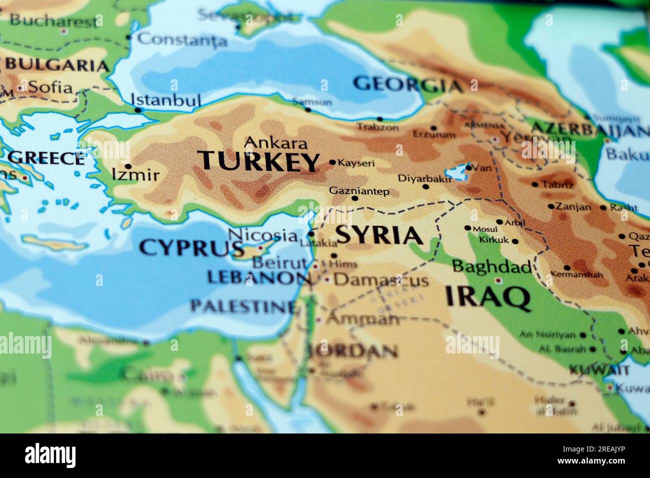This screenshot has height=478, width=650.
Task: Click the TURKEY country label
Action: click(258, 161)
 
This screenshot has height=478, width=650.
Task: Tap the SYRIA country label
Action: click(379, 235)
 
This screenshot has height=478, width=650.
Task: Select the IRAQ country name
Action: click(487, 296)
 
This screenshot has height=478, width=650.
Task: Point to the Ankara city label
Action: click(275, 143)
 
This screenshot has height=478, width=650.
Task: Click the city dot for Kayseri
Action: click(332, 162)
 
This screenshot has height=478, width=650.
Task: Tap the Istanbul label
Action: click(166, 100)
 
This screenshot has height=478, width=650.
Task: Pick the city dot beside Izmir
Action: click(128, 166)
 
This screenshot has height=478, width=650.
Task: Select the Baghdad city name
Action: click(491, 266)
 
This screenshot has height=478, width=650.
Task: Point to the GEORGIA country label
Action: click(407, 84)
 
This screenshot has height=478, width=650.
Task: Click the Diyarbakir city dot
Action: click(425, 187)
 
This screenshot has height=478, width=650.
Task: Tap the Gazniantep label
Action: click(359, 191)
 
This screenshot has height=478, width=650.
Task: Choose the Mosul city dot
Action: click(467, 228)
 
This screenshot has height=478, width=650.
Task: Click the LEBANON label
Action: click(258, 277)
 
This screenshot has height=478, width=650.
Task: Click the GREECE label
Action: click(46, 158)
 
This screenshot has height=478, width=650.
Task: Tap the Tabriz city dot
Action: click(534, 184)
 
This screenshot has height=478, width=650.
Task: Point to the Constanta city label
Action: click(182, 39)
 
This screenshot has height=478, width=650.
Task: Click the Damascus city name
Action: click(381, 280)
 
